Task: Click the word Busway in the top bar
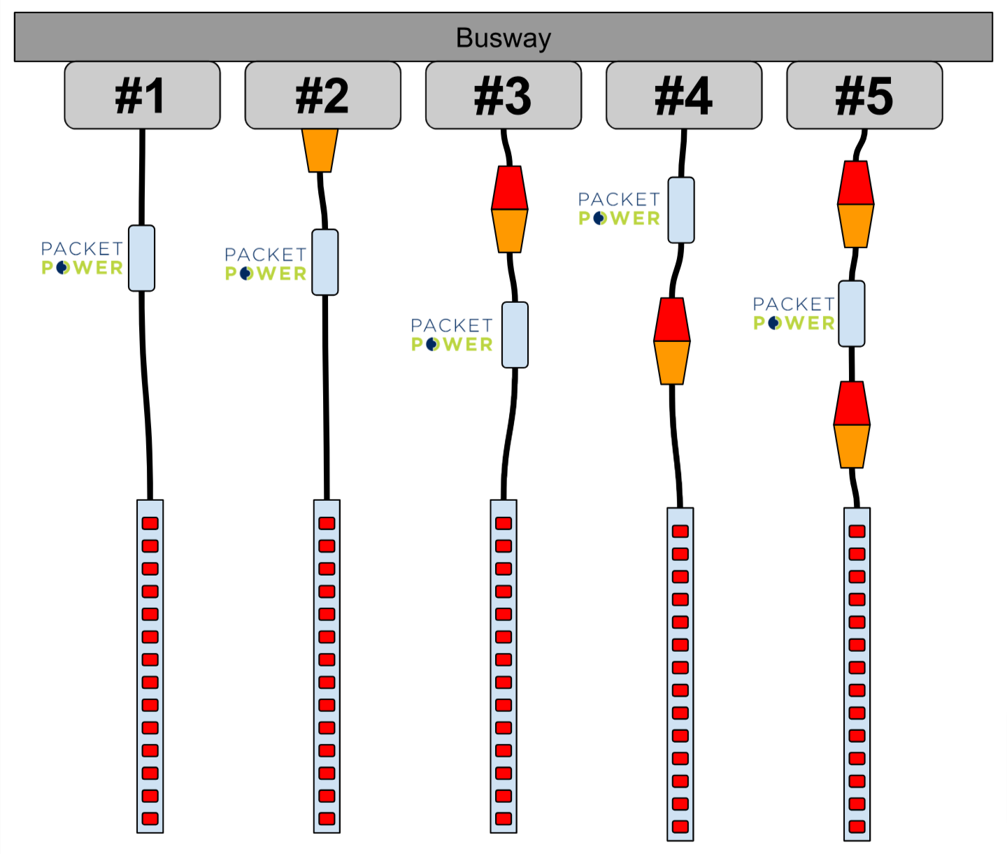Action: [x=503, y=38]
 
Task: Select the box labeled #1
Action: [x=142, y=95]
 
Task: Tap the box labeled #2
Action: [x=322, y=95]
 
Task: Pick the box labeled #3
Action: [x=503, y=95]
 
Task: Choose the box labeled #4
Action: [x=683, y=95]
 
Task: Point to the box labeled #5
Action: [x=864, y=95]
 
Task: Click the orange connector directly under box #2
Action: [x=320, y=150]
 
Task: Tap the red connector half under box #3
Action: [x=509, y=188]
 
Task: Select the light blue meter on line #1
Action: [x=141, y=258]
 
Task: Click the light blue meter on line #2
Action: [x=325, y=262]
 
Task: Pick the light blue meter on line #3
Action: [x=515, y=334]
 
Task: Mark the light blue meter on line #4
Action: [x=681, y=210]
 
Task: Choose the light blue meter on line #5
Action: [x=852, y=313]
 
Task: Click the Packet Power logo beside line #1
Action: [x=82, y=258]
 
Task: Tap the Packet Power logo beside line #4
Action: [x=619, y=209]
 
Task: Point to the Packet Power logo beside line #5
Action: [x=794, y=313]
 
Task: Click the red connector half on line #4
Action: [x=672, y=320]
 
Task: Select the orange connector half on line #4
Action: [x=672, y=362]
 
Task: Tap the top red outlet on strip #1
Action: [x=150, y=523]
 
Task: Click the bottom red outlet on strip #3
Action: [x=503, y=818]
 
